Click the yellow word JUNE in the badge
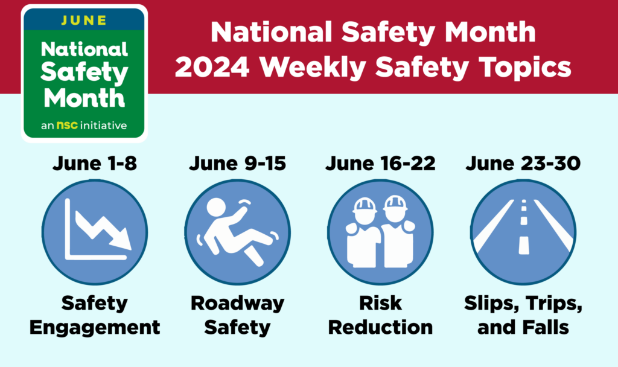point(84,19)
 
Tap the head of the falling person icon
point(215,208)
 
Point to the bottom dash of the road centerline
point(523,245)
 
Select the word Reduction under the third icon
point(380,327)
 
